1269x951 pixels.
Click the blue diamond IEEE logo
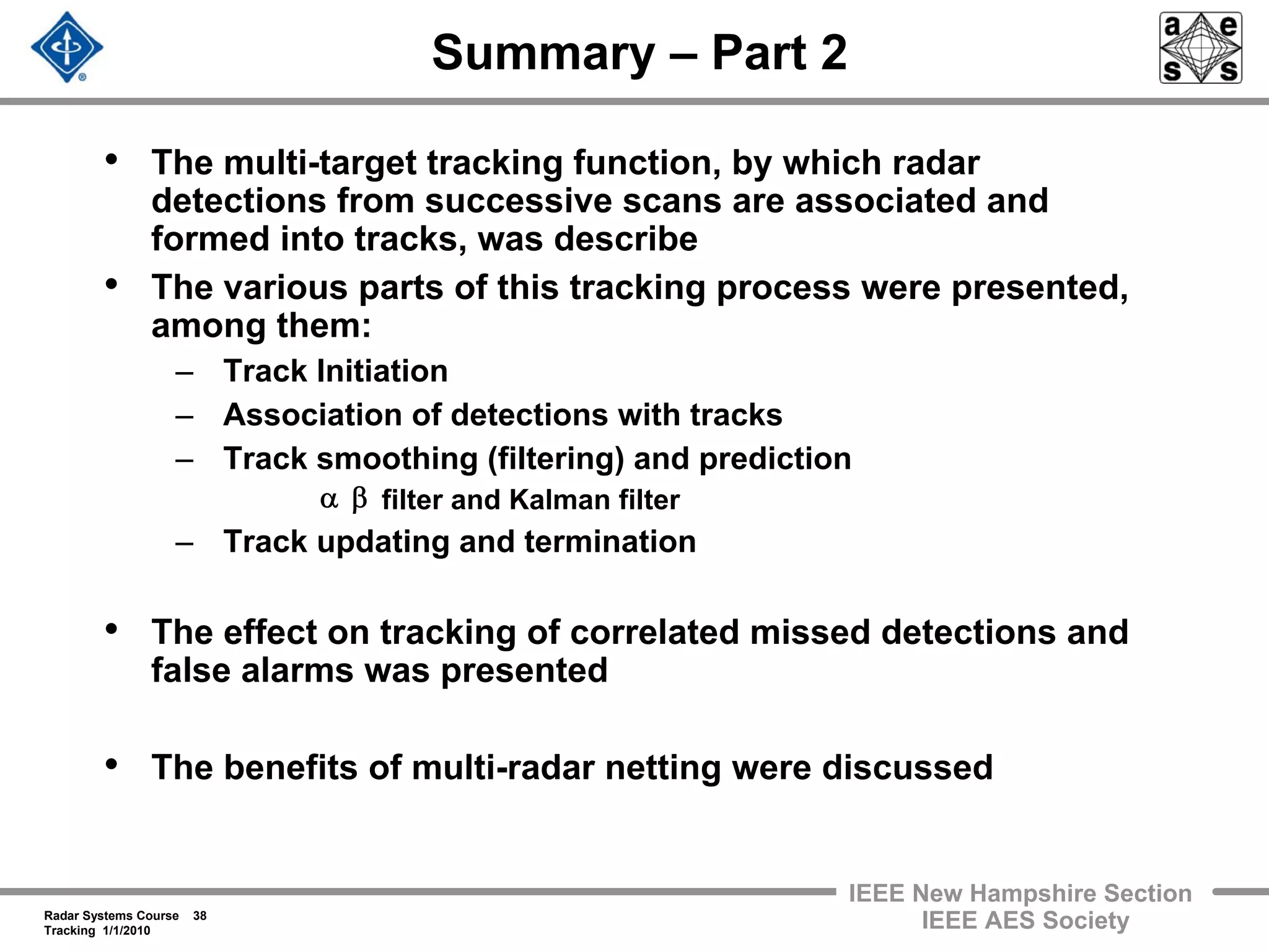[67, 48]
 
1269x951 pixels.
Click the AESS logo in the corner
[1200, 48]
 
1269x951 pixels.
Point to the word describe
[625, 239]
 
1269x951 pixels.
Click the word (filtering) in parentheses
[555, 459]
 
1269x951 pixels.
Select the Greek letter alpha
[329, 499]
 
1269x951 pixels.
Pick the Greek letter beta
[359, 499]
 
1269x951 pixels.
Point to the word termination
[610, 542]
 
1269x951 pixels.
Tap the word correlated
[654, 633]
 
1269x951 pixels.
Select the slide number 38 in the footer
[200, 916]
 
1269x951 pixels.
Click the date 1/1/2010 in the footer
[126, 931]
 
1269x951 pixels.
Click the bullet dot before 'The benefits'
[112, 765]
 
